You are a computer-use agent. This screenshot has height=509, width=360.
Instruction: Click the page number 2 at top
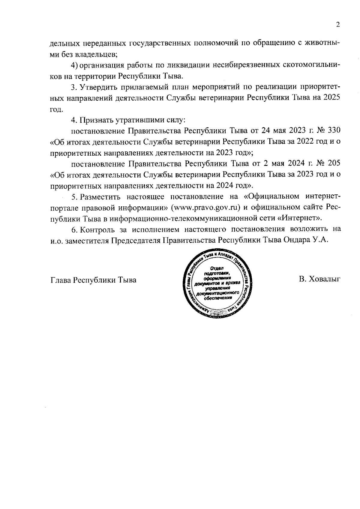tap(338, 25)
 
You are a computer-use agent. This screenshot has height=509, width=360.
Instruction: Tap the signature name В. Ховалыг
tap(319, 280)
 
